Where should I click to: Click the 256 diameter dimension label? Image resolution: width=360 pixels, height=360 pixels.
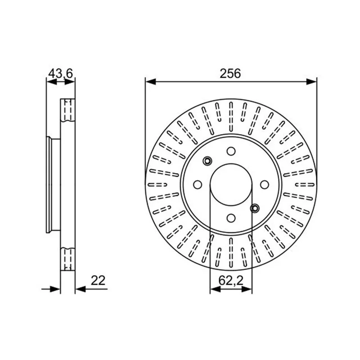click(x=230, y=73)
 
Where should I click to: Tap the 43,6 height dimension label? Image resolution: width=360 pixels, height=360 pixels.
click(x=61, y=73)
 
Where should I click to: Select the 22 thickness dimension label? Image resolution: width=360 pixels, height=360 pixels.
click(x=98, y=280)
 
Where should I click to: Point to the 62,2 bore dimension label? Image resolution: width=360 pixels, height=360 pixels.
click(x=231, y=280)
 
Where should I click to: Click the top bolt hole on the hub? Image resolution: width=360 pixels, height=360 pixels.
click(x=231, y=151)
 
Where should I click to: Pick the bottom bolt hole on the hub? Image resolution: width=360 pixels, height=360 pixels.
click(x=231, y=218)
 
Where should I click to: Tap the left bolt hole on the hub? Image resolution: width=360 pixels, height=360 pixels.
click(x=198, y=184)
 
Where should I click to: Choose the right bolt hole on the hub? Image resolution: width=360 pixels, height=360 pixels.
click(x=265, y=184)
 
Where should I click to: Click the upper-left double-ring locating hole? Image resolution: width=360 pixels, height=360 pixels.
click(x=207, y=161)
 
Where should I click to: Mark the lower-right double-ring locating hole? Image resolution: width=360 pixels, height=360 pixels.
click(x=255, y=208)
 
